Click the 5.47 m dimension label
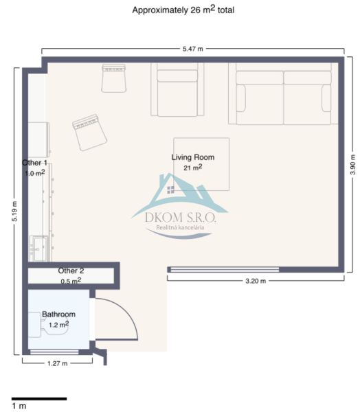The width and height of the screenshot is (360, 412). [x=193, y=49]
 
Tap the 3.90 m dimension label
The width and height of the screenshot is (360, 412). [x=352, y=165]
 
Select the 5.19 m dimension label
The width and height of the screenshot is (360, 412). [x=14, y=211]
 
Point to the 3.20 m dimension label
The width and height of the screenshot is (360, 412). [x=256, y=281]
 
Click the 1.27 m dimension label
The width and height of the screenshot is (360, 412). [x=57, y=363]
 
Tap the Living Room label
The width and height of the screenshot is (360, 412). [x=193, y=157]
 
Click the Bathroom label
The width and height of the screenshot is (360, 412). [x=58, y=314]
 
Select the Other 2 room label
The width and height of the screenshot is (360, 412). [x=71, y=271]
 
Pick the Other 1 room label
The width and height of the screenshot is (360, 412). [x=34, y=163]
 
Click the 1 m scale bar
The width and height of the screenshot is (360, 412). [x=39, y=398]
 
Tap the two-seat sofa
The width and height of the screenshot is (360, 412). [x=283, y=93]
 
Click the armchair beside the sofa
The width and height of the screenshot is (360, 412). [x=177, y=89]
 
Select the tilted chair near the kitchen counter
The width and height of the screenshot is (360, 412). [x=89, y=133]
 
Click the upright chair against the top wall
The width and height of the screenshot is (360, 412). [x=113, y=78]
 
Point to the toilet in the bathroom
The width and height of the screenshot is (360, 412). [x=47, y=325]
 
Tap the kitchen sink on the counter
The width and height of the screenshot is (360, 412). [x=39, y=249]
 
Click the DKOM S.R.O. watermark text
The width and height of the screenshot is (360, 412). [x=181, y=218]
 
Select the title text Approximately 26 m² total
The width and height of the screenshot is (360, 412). [x=183, y=10]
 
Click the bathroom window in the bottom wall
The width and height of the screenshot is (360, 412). [x=54, y=352]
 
